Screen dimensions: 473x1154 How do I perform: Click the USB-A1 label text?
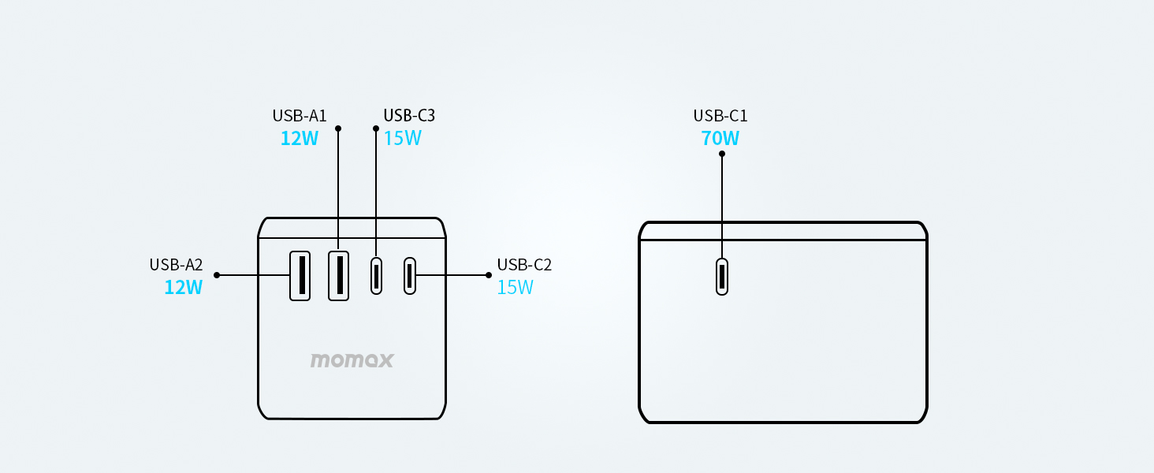click(300, 116)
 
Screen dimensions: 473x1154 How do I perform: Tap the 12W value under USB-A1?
click(300, 139)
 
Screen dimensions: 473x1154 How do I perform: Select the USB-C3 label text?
click(409, 116)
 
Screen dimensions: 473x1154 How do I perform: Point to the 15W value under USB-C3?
click(402, 139)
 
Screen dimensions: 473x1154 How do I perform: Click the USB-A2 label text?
click(176, 265)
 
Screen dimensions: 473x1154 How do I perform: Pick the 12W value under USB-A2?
click(183, 288)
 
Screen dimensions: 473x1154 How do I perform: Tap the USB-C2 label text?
click(524, 265)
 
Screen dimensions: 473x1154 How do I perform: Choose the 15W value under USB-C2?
click(515, 288)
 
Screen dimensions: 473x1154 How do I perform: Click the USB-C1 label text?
click(720, 116)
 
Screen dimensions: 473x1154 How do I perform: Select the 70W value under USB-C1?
click(720, 139)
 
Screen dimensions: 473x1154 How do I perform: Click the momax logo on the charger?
click(352, 361)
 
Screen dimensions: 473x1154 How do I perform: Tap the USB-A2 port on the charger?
click(300, 275)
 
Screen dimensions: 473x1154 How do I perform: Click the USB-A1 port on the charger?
click(338, 275)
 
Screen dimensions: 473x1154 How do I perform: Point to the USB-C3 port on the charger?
click(376, 276)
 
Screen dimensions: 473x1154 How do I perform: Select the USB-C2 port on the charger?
click(409, 276)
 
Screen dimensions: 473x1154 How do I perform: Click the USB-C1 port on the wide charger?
click(721, 277)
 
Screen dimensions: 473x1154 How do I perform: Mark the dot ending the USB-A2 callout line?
click(217, 275)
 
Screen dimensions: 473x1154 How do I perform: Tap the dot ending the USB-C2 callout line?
click(489, 275)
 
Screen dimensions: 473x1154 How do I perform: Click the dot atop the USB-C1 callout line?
click(721, 154)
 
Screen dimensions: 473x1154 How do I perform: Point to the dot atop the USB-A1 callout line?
click(338, 128)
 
